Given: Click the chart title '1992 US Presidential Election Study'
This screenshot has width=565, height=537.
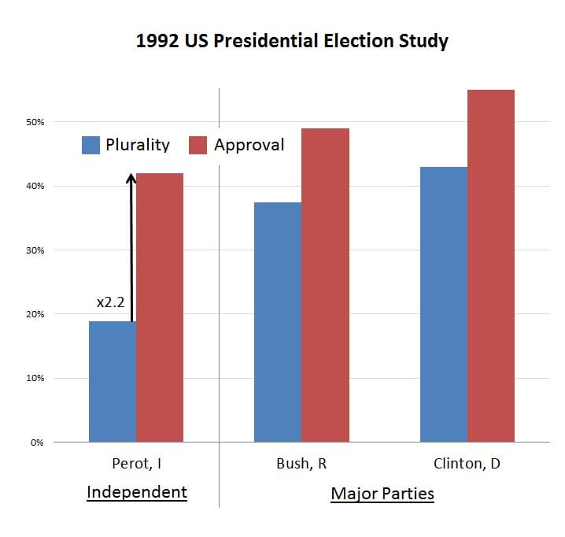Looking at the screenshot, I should (x=292, y=41).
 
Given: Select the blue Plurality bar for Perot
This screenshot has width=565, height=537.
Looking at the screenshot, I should (x=113, y=381).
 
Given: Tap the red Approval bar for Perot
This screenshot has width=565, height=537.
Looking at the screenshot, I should (x=160, y=307).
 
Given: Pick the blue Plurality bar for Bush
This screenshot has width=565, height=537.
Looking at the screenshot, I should (x=278, y=322).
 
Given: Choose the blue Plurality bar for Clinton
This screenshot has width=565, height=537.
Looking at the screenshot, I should (x=444, y=304).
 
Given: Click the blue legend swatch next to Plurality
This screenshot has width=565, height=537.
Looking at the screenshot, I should (x=91, y=145).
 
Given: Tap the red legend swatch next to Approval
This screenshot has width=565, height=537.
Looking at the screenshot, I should (x=199, y=145).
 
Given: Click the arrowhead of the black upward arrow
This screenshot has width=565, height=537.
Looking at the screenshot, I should (x=131, y=179).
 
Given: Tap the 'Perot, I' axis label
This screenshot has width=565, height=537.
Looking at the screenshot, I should (x=137, y=464).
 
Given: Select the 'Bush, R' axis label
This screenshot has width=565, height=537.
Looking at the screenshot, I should (x=301, y=464).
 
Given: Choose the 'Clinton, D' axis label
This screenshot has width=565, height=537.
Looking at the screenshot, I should (x=467, y=464).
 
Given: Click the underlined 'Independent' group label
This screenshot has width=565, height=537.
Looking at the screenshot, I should (x=137, y=493).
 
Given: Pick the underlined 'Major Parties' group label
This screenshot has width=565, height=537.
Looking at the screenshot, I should (x=382, y=494).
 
